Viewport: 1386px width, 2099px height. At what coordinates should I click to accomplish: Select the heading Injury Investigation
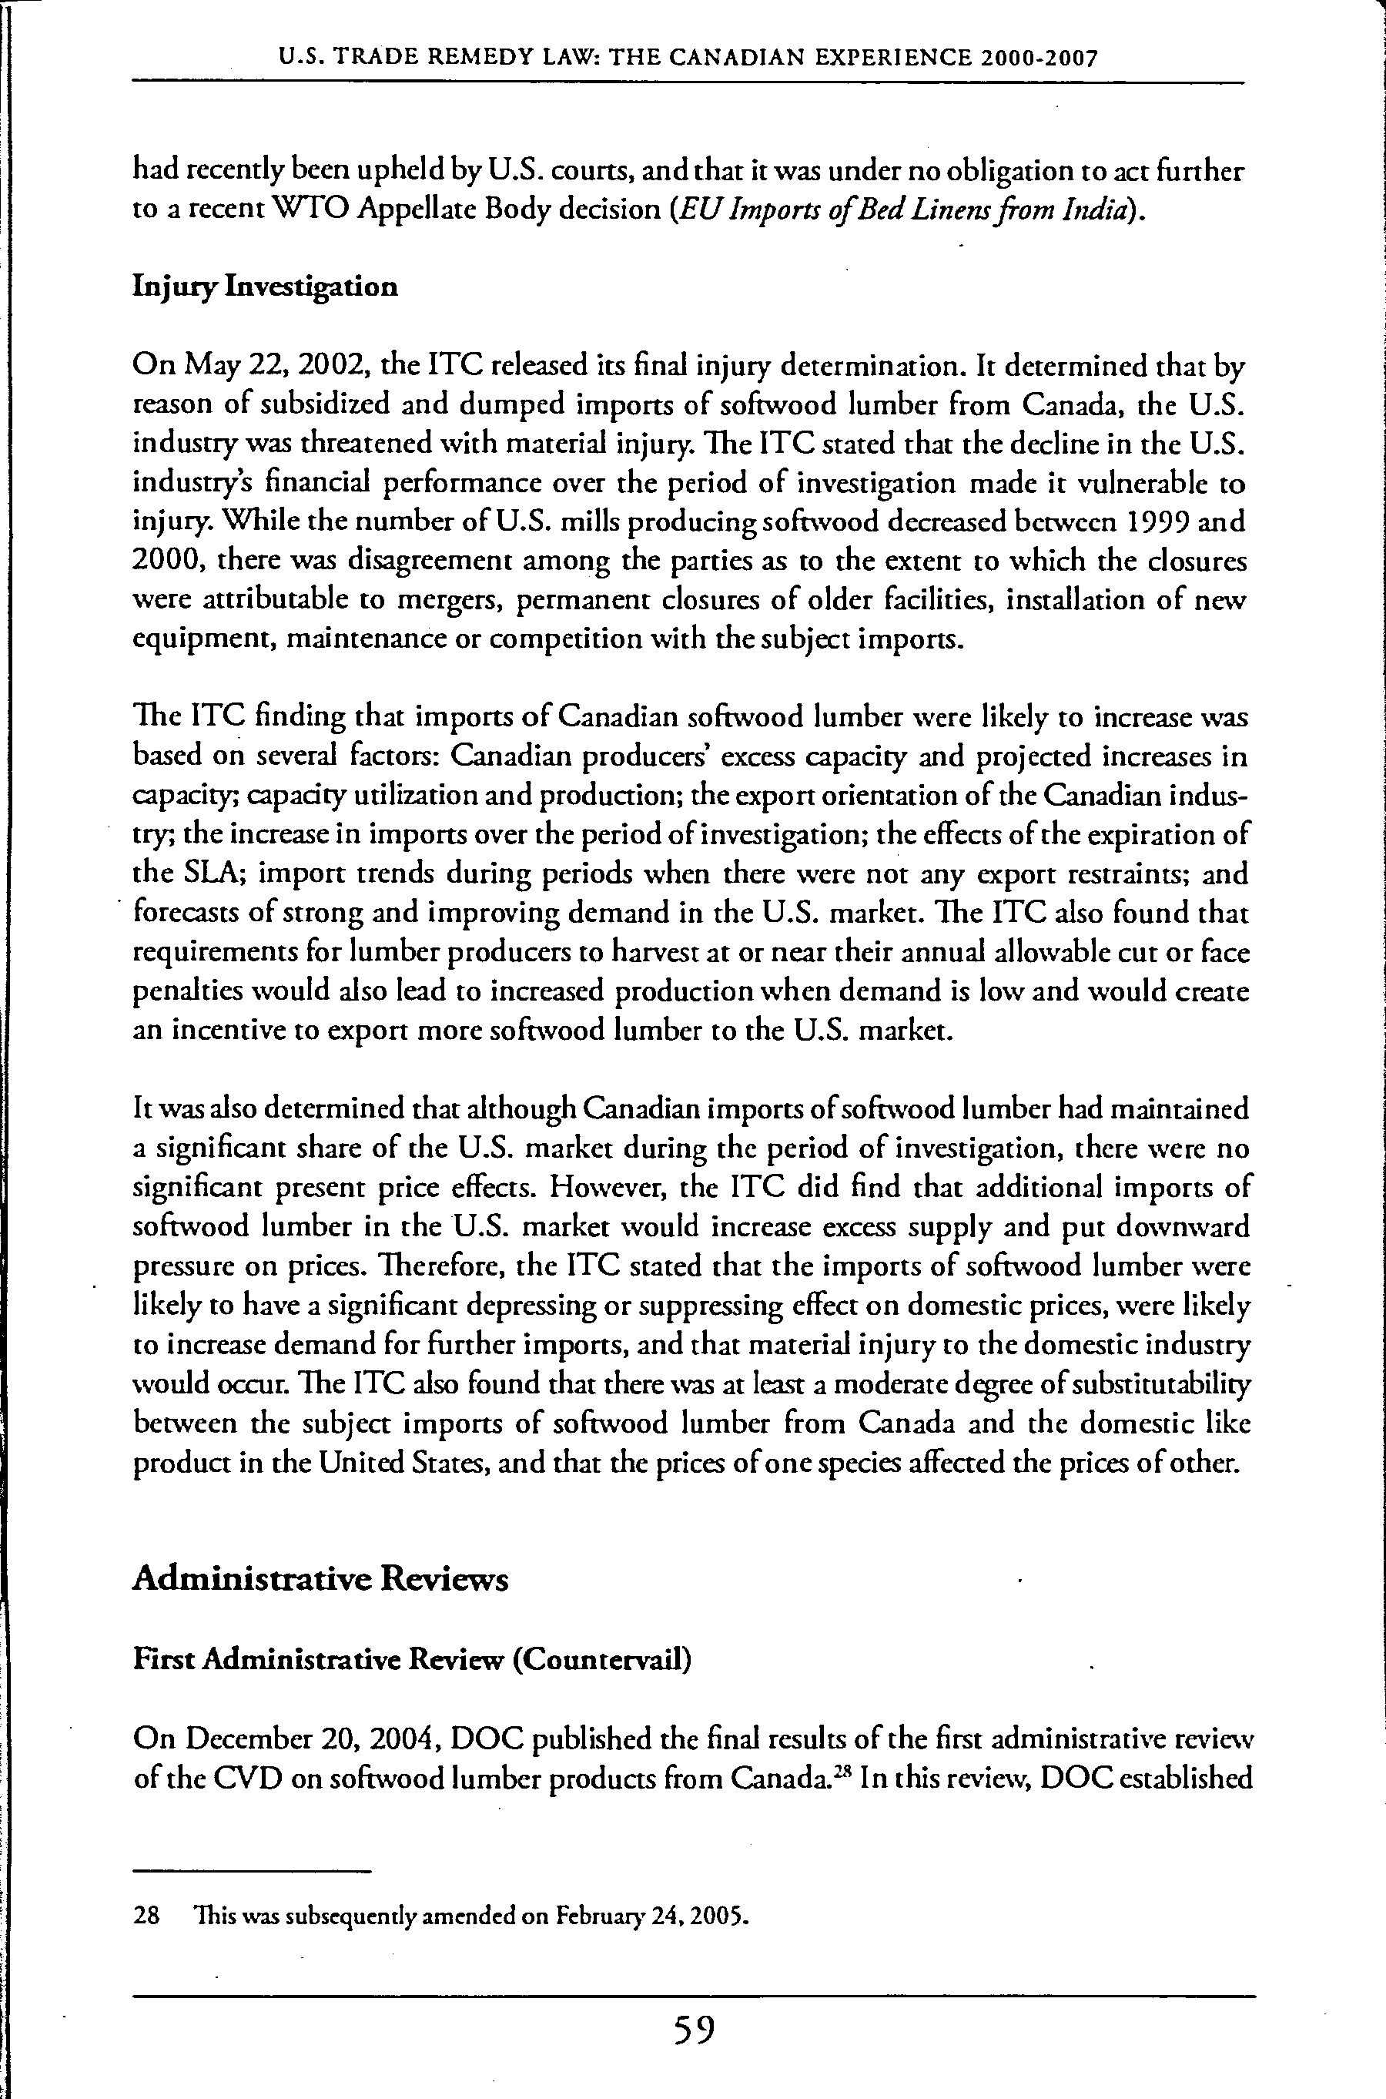264,287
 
